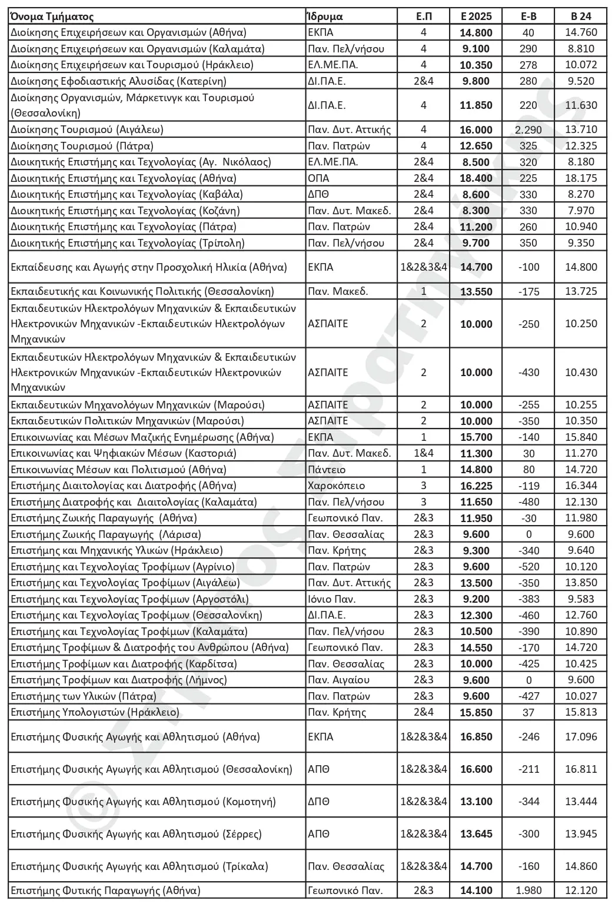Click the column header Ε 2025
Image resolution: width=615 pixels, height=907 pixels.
coord(476,16)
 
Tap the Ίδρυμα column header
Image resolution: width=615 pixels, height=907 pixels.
coord(325,16)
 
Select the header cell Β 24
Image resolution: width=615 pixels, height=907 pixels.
coord(580,16)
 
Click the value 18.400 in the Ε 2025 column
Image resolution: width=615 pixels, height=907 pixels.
coord(476,178)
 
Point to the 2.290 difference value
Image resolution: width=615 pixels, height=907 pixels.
coord(528,129)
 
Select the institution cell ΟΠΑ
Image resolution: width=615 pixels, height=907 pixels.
coord(318,178)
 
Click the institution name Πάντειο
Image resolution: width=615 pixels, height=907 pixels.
coord(327,470)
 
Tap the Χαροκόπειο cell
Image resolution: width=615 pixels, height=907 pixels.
coord(336,486)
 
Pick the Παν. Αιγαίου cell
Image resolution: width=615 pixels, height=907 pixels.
coord(338,680)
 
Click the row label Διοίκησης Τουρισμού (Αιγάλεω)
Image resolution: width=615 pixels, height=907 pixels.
coord(87,129)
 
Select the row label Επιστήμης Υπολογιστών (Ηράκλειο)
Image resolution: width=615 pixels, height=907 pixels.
coord(95,712)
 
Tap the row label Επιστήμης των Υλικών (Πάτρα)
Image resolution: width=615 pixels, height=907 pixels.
coord(84,696)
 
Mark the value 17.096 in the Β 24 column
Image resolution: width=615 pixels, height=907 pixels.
coord(580,737)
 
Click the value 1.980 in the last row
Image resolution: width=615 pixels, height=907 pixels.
coord(528,891)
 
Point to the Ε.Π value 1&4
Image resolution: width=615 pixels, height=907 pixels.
coord(424,453)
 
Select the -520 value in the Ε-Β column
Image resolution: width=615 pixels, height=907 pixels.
coord(528,567)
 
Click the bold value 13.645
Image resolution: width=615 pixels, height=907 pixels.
coord(476,834)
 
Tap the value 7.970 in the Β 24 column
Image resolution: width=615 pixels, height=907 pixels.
coord(580,211)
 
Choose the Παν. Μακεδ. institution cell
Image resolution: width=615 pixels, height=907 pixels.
coord(338,291)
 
